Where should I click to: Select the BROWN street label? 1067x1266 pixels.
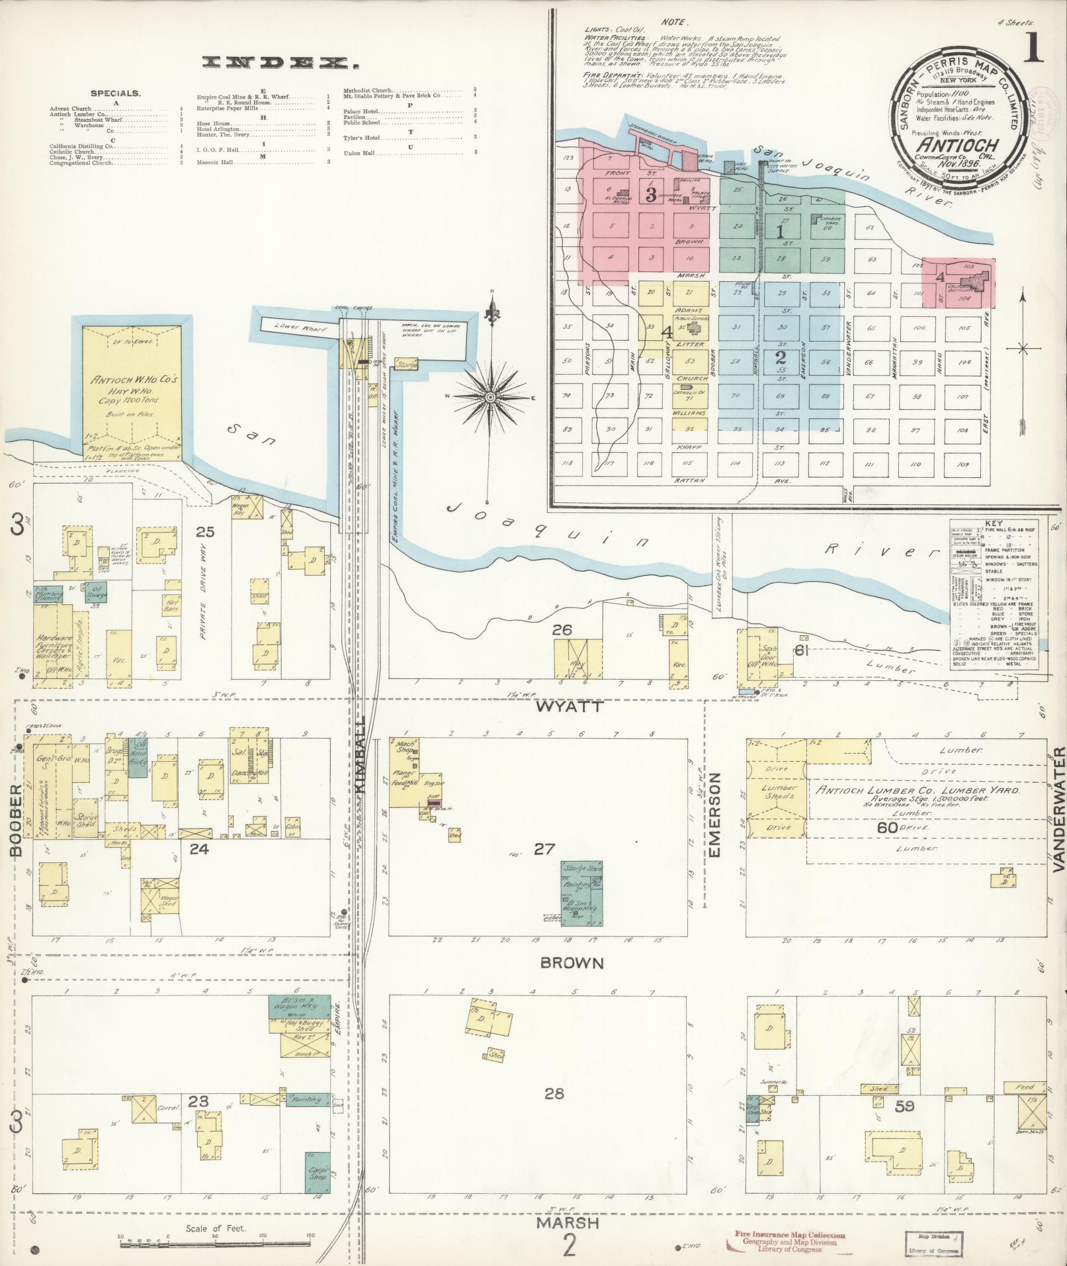[x=572, y=963]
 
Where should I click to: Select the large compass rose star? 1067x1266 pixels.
[x=490, y=396]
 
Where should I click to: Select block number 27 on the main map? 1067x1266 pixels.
[x=544, y=848]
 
